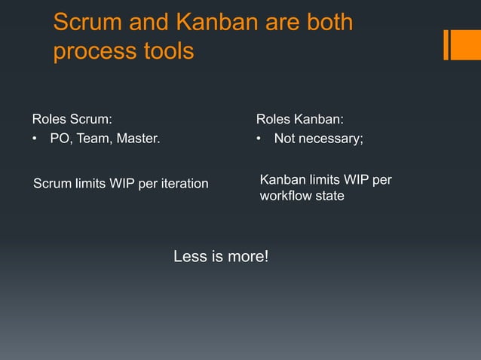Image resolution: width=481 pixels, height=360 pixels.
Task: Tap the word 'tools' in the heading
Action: pos(167,53)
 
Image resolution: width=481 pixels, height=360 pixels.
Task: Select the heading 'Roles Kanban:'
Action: pos(300,118)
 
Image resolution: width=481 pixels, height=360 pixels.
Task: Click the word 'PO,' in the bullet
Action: pos(60,138)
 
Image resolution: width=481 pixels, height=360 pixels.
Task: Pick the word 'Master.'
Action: pos(137,138)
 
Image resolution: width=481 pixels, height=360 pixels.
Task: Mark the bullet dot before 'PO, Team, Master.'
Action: pos(35,139)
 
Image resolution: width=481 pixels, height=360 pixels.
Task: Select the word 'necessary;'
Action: pos(332,138)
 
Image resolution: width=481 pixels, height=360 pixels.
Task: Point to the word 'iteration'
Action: pos(182,184)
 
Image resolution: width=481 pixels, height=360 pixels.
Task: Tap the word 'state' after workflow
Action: pos(329,197)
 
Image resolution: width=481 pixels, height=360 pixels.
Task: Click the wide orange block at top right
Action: pos(466,44)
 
